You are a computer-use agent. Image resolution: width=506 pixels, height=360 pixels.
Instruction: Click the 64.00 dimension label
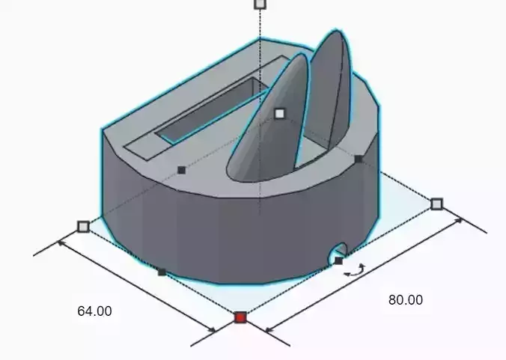[94, 311]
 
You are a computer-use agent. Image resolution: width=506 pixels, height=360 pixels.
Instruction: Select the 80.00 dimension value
[405, 299]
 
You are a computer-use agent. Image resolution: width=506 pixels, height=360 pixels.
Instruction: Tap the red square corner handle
[240, 317]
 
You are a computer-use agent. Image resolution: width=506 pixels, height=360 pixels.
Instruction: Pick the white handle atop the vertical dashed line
[260, 4]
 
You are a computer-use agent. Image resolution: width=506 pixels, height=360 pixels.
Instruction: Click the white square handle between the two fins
[280, 113]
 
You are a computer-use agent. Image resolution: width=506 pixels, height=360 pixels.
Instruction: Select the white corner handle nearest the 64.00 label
[83, 226]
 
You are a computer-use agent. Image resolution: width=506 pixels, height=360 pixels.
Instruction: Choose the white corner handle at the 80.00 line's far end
[437, 204]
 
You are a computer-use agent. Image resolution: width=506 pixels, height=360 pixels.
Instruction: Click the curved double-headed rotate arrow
[355, 271]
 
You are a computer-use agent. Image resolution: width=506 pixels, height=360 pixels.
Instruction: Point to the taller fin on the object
[329, 90]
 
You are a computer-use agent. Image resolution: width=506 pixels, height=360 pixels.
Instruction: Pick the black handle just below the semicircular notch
[338, 260]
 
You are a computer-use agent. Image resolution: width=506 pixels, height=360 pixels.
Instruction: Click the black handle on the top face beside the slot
[181, 170]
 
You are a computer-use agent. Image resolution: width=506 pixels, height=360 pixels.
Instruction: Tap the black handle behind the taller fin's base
[359, 159]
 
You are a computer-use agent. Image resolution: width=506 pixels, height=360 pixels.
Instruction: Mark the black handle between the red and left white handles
[162, 272]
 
